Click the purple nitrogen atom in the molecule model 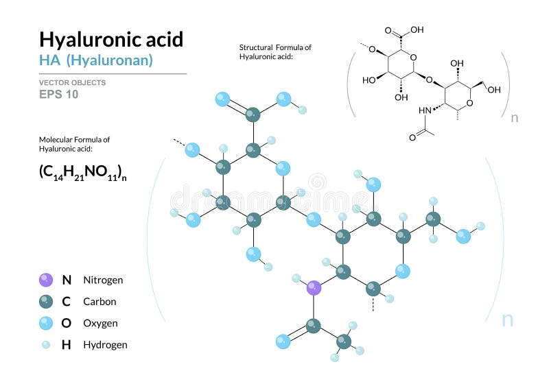coord(314,288)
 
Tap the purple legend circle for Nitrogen coord(46,280)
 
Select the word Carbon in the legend coord(100,302)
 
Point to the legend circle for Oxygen coord(46,323)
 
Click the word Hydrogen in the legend coord(106,345)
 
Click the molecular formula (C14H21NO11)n coord(83,172)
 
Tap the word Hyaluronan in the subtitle coord(110,60)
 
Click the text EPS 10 coord(58,95)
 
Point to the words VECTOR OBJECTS coord(73,82)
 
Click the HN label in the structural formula coord(425,110)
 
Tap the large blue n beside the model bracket coord(507,320)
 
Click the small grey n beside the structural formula coord(514,118)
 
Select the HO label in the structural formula coord(369,80)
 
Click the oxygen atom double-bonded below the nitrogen coord(283,341)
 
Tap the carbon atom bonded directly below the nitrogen coord(314,326)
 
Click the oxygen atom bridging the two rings coord(314,219)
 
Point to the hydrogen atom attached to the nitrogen coord(296,278)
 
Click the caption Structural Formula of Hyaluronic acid coord(275,51)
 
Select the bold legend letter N coord(67,280)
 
